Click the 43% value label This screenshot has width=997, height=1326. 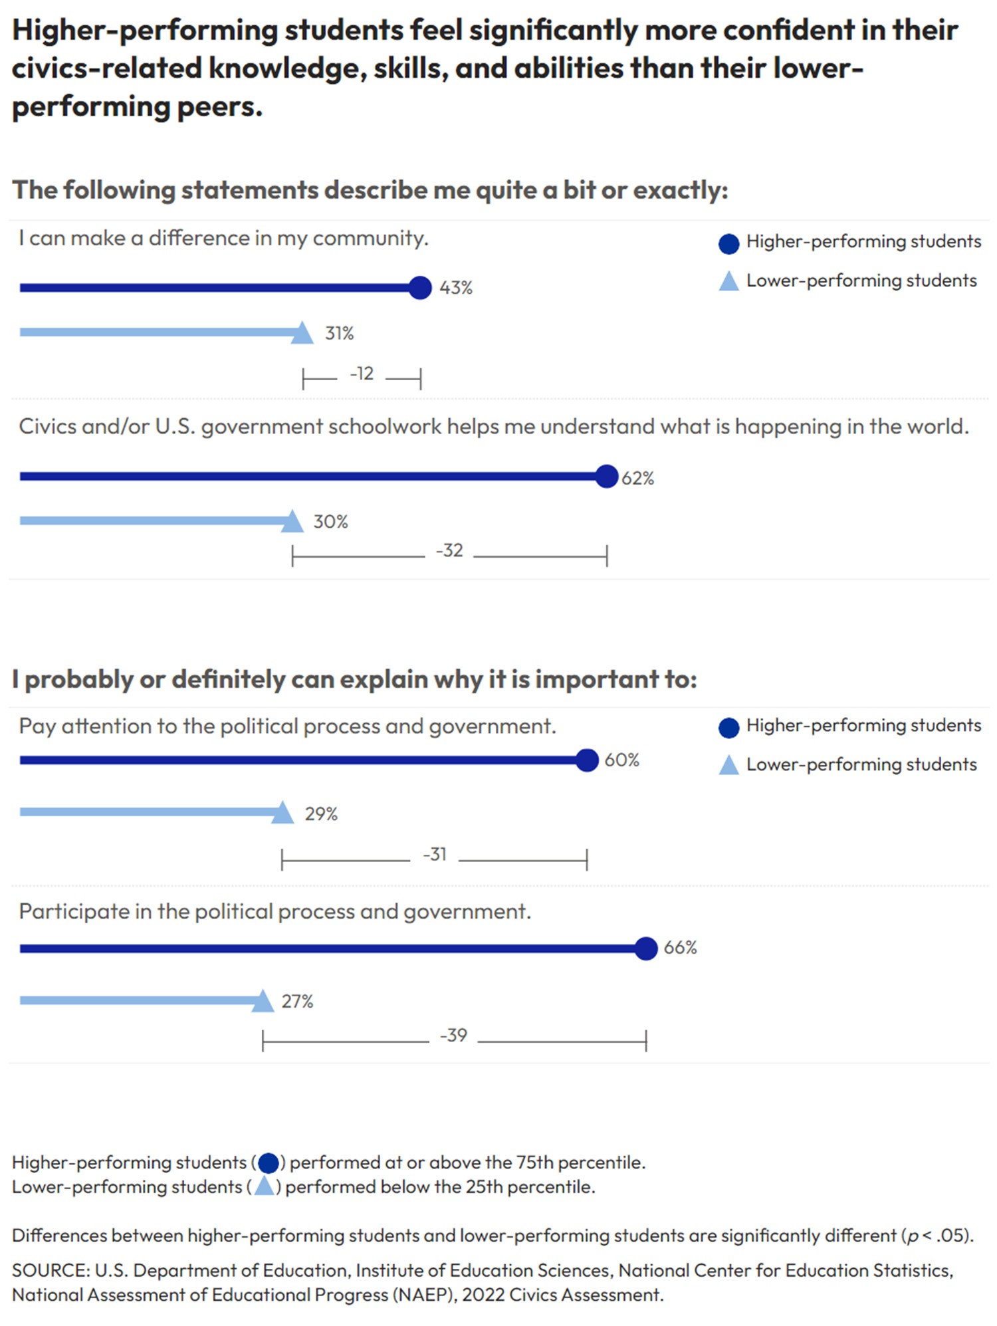pyautogui.click(x=455, y=288)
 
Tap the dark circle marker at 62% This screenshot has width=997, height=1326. pyautogui.click(x=606, y=476)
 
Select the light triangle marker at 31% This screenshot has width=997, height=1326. pyautogui.click(x=302, y=333)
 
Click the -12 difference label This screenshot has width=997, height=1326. pyautogui.click(x=362, y=374)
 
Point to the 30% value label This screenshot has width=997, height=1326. pyautogui.click(x=330, y=522)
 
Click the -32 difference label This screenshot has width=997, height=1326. pyautogui.click(x=449, y=550)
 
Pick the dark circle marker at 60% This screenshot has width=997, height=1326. pyautogui.click(x=587, y=760)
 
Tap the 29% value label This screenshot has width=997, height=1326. pyautogui.click(x=321, y=814)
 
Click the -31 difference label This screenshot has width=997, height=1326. pyautogui.click(x=435, y=854)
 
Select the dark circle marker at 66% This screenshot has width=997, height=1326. pyautogui.click(x=645, y=948)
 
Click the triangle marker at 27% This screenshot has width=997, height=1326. pyautogui.click(x=263, y=1002)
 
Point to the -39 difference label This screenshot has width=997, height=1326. pyautogui.click(x=453, y=1036)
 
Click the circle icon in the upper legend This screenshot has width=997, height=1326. pyautogui.click(x=728, y=244)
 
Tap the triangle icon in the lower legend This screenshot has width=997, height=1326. pyautogui.click(x=728, y=766)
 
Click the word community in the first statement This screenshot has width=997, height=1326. pyautogui.click(x=370, y=239)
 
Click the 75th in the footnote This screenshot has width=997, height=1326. pyautogui.click(x=534, y=1162)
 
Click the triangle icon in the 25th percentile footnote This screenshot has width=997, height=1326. pyautogui.click(x=264, y=1186)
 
